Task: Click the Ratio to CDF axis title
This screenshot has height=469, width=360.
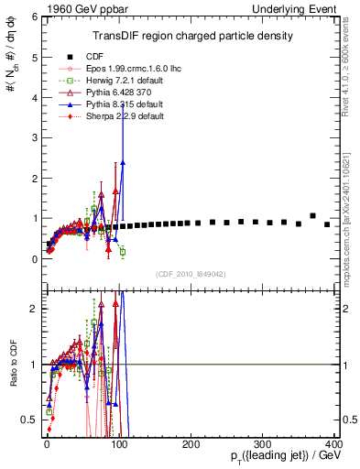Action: (x=13, y=364)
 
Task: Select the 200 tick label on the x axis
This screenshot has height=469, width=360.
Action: (x=191, y=444)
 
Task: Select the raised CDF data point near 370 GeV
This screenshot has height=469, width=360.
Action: (x=313, y=216)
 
